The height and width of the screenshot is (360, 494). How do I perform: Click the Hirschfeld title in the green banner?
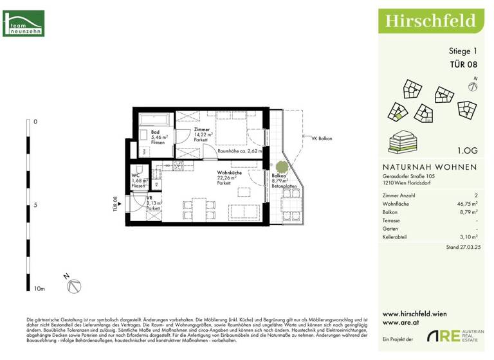430,21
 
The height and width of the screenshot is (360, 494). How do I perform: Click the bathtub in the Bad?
155,119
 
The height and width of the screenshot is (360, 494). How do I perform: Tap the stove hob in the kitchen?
177,165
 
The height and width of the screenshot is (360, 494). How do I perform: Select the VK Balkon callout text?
322,138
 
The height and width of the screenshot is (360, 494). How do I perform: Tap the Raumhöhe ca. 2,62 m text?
239,152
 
